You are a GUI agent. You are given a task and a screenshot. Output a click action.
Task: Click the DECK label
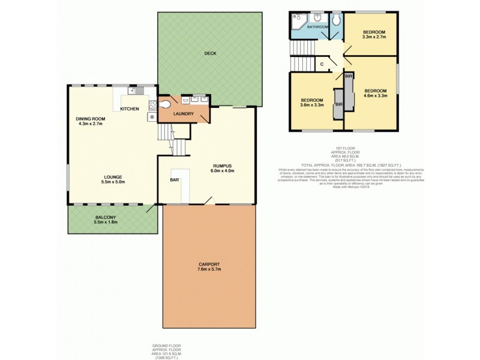pos(209,53)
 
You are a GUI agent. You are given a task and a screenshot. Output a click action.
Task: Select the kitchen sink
pos(139,92)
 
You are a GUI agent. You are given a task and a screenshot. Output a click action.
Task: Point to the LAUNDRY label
pos(182,113)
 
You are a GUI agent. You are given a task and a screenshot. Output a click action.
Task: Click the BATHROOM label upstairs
pos(317,27)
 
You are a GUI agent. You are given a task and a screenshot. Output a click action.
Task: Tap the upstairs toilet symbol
pos(338,20)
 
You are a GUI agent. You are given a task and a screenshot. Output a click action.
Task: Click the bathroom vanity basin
pos(316,18)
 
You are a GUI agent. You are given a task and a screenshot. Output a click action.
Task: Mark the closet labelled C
pos(322,64)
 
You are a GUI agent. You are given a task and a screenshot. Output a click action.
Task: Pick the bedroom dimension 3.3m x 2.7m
pos(374,37)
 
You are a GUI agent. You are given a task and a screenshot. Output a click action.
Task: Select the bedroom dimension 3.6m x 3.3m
pos(312,106)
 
